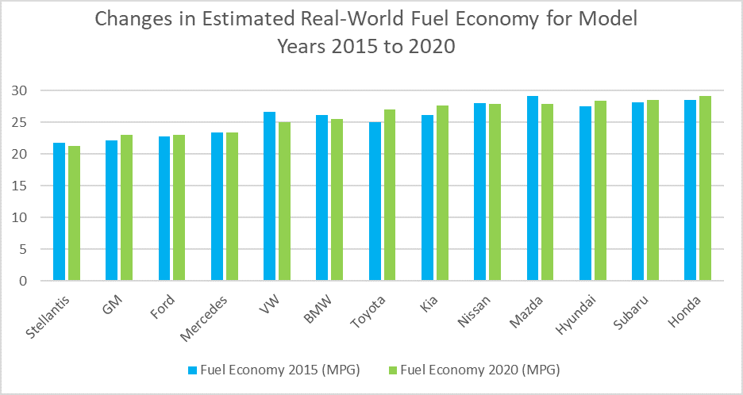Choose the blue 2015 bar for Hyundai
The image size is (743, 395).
(x=585, y=194)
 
